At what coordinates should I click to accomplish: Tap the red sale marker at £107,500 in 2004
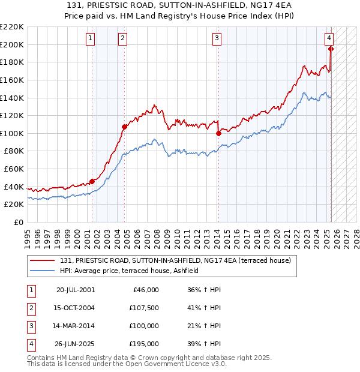pyautogui.click(x=124, y=127)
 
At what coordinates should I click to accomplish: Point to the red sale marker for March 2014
pyautogui.click(x=218, y=134)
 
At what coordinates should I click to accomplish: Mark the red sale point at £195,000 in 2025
pyautogui.click(x=331, y=49)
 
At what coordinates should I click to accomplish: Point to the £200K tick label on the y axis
pyautogui.click(x=12, y=44)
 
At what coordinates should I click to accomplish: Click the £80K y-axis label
pyautogui.click(x=14, y=151)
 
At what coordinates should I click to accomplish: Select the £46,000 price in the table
pyautogui.click(x=145, y=290)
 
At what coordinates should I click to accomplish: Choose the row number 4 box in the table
pyautogui.click(x=31, y=344)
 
